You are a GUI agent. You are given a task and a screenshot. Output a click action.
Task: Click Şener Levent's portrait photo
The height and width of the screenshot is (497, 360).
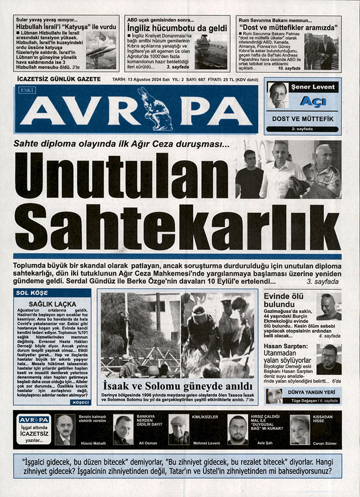[278, 96]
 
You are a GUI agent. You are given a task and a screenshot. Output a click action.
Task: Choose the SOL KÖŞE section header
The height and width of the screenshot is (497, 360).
[32, 293]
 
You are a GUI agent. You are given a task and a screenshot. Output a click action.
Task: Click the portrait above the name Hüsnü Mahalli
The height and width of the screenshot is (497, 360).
[65, 430]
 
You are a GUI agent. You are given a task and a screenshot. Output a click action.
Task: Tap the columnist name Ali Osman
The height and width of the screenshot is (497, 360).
[148, 443]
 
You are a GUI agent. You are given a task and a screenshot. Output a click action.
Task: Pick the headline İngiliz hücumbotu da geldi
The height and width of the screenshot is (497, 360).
[177, 28]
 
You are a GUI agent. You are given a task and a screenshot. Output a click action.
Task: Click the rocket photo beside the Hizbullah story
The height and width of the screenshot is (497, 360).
[101, 50]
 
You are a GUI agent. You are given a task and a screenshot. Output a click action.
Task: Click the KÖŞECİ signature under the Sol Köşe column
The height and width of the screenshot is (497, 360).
[81, 402]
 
